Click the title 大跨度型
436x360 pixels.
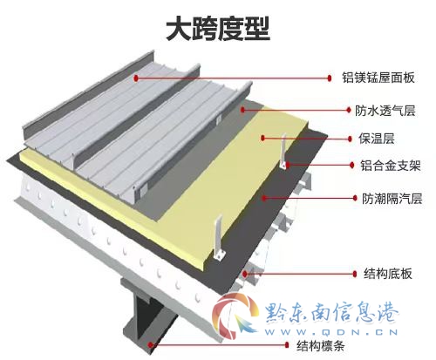(x=218, y=28)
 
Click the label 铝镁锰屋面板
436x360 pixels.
(x=378, y=78)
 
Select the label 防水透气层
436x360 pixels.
(x=385, y=111)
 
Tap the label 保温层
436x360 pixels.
(x=377, y=139)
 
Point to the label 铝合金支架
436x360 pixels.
(x=391, y=166)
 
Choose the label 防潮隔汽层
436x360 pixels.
(x=392, y=199)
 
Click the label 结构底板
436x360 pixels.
(x=388, y=274)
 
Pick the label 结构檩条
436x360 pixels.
(x=321, y=346)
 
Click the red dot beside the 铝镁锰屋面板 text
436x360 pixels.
(x=330, y=78)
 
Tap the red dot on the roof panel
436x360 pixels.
(x=136, y=78)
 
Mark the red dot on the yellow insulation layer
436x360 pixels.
(x=262, y=138)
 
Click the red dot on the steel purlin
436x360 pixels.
(x=150, y=345)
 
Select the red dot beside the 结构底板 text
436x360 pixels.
(x=355, y=274)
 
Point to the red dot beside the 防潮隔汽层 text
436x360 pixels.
(x=355, y=198)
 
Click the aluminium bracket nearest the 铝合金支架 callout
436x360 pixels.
(x=283, y=152)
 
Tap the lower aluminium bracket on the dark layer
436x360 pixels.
(x=219, y=238)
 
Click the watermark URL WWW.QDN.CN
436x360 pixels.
(x=331, y=332)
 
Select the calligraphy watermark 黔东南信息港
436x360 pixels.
(x=332, y=312)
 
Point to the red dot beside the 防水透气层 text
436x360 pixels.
(x=349, y=110)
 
